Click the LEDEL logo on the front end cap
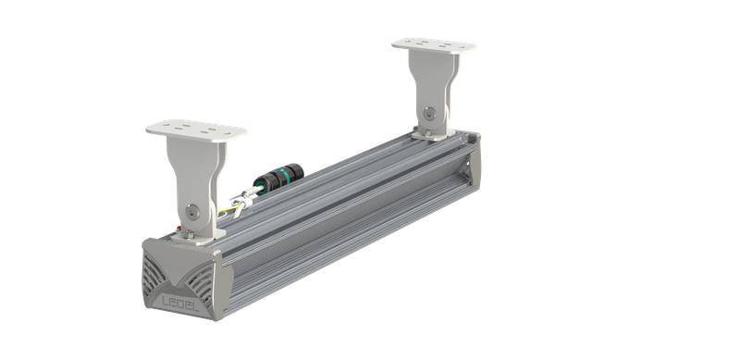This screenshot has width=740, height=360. tap(182, 303)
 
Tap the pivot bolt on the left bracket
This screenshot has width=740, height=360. tap(190, 211)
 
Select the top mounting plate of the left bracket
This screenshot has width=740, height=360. tap(196, 130)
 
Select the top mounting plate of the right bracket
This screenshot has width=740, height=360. tap(433, 44)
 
